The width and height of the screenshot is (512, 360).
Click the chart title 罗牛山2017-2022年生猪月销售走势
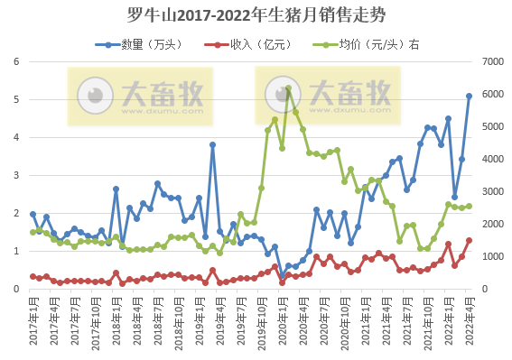256,15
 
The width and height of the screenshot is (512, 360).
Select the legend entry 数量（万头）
154,43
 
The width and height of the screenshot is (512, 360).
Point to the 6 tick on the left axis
16,61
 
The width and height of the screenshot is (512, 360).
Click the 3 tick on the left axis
16,175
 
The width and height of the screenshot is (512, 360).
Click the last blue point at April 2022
469,96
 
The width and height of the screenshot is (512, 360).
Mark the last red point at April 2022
469,240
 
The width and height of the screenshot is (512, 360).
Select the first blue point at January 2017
33,214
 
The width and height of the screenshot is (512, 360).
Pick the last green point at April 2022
469,206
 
